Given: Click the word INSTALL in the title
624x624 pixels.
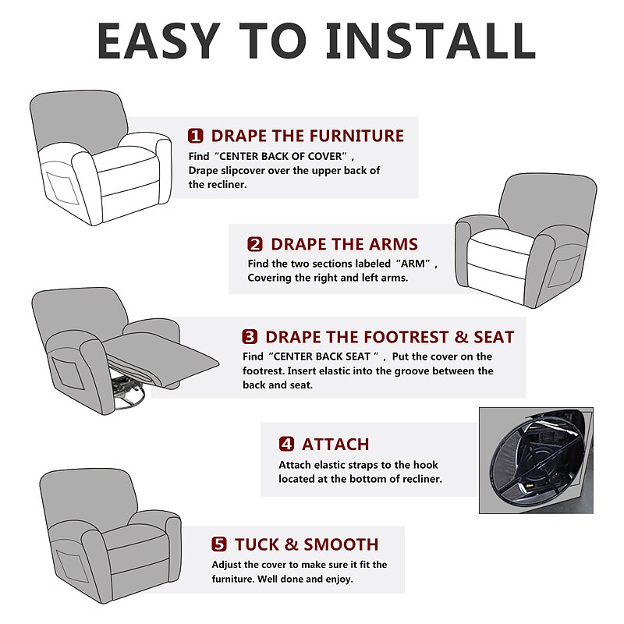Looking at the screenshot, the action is pos(431,41).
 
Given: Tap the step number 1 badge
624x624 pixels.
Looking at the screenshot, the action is pos(196,136).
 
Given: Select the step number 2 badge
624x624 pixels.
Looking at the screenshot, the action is pos(255,244).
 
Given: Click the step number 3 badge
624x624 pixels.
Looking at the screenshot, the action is pos(250,337).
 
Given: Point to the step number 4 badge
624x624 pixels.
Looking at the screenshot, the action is pos(286,444).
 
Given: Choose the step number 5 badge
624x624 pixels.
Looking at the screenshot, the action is pos(219,544).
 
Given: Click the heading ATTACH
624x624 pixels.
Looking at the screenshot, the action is pos(335,445).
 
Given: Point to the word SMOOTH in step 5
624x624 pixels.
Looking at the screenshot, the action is pos(341,544).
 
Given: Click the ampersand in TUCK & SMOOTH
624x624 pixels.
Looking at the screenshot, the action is pos(292,544).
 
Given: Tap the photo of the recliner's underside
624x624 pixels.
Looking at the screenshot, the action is pos(536,460).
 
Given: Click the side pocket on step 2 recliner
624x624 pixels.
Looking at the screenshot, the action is pos(564,271).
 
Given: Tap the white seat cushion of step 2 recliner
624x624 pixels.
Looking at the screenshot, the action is pos(503,242).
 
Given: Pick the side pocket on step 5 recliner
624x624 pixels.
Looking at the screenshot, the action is pos(73,566).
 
